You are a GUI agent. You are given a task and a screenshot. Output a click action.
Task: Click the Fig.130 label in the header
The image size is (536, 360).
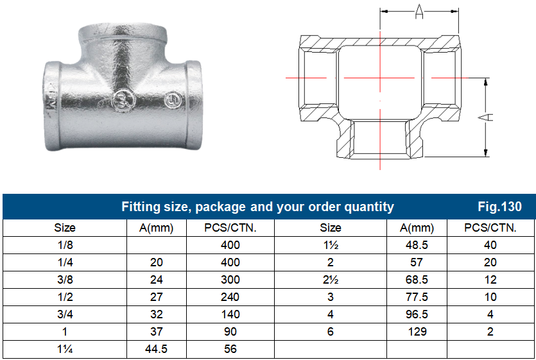[x=499, y=207]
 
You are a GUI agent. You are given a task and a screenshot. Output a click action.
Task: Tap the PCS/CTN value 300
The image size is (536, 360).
[x=230, y=280]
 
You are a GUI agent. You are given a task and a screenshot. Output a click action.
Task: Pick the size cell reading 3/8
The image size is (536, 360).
[x=64, y=280]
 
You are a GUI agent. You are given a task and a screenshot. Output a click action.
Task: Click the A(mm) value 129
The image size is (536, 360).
[x=416, y=332]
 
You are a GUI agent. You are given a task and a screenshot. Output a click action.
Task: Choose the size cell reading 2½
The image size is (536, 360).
[x=331, y=280]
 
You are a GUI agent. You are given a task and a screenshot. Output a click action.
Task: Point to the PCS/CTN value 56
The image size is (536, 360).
[x=230, y=349]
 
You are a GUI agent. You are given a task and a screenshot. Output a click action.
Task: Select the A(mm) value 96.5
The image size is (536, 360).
[x=416, y=314]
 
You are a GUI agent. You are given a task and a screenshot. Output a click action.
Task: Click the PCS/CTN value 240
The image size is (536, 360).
[x=230, y=297]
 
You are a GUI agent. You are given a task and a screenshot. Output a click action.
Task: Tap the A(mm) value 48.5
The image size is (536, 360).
[x=416, y=245]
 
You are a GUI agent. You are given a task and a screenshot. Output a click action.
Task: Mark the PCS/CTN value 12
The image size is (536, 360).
[x=490, y=280]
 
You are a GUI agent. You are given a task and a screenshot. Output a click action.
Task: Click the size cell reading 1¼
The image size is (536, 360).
[x=64, y=349]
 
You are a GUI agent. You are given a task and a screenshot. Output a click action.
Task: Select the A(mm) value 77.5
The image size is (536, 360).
[x=416, y=297]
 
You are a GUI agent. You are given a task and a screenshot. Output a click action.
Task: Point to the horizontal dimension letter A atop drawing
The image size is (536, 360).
[x=419, y=11]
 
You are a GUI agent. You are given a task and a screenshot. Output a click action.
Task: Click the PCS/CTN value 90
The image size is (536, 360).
[x=230, y=332]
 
